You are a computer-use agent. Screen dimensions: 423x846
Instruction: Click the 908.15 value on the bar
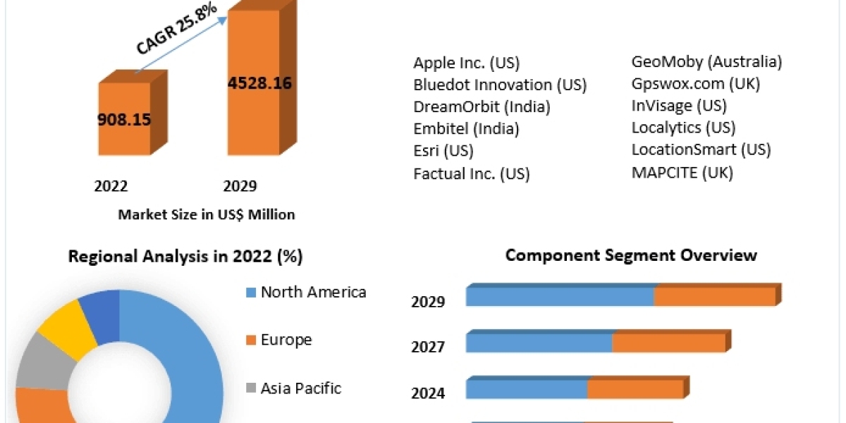point(124,119)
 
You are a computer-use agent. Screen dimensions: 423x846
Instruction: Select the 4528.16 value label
point(259,82)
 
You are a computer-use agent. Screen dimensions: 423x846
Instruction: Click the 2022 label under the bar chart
point(111,186)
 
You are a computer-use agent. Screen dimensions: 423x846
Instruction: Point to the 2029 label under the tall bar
point(240,186)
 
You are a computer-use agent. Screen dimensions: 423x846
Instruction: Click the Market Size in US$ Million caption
point(207,214)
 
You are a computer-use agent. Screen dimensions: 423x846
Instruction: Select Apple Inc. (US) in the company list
point(466,63)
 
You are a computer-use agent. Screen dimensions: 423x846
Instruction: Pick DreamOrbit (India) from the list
point(482,106)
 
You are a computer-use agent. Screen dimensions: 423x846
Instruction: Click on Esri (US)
point(443,150)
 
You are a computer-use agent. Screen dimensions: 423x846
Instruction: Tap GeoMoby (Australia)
point(706,62)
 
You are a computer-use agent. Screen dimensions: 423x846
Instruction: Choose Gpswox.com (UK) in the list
point(695,84)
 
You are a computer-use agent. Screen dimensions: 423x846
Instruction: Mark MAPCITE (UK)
point(682,172)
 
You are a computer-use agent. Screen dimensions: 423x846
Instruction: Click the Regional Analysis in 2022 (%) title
point(185,257)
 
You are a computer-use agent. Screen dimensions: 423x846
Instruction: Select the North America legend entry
point(313,292)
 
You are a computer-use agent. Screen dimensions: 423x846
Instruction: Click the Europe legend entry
point(286,340)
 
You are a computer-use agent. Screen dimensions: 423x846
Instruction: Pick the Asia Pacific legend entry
point(300,388)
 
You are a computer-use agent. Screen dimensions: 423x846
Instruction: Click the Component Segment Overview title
point(631,255)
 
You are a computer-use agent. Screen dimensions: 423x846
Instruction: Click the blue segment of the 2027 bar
point(539,343)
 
